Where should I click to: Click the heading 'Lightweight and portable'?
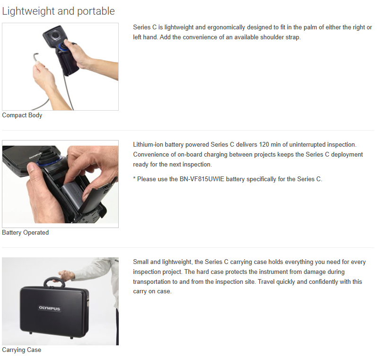[x=59, y=11]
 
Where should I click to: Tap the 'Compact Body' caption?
[x=22, y=115]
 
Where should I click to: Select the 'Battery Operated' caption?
[x=25, y=233]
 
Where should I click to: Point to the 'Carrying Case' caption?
[x=22, y=350]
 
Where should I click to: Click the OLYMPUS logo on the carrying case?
[x=50, y=308]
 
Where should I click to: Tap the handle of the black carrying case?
[x=54, y=281]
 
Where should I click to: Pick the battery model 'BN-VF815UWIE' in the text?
[x=202, y=179]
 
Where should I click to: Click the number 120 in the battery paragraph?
[x=264, y=145]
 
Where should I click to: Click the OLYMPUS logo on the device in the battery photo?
[x=35, y=156]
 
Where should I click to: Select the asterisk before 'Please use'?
[x=134, y=178]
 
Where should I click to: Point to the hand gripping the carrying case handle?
[x=66, y=275]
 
